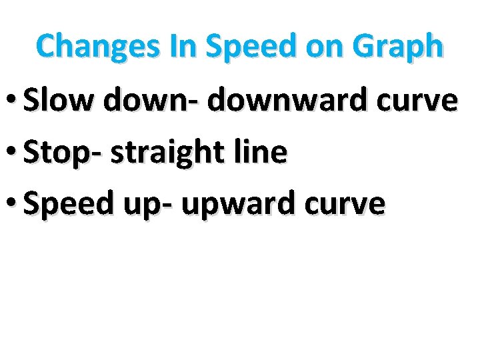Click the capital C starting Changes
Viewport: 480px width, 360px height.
pyautogui.click(x=46, y=47)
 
